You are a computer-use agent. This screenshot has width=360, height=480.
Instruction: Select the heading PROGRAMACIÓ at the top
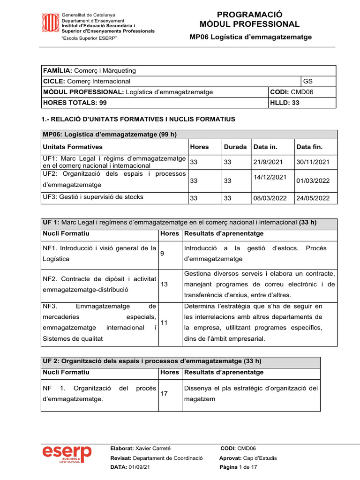click(249, 15)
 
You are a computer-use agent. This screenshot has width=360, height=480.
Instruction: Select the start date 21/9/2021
click(270, 162)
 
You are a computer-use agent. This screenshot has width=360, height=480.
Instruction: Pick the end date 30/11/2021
click(313, 162)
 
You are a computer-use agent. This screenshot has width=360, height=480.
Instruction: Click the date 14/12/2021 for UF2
click(270, 177)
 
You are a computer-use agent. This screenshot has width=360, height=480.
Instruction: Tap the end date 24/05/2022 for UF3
click(313, 198)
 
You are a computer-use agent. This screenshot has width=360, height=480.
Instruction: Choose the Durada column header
click(235, 147)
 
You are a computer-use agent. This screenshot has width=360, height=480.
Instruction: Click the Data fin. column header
click(309, 147)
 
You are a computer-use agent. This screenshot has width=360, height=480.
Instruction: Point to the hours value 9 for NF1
click(162, 254)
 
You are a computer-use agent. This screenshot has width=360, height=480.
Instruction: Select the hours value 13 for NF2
click(164, 284)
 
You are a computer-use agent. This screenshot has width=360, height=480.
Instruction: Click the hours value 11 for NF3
click(164, 323)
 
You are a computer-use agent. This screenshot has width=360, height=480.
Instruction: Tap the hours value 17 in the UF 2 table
click(164, 394)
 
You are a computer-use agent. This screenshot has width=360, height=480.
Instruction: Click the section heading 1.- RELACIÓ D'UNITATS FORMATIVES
click(139, 120)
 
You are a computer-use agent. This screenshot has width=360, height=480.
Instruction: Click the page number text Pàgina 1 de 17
click(238, 467)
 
